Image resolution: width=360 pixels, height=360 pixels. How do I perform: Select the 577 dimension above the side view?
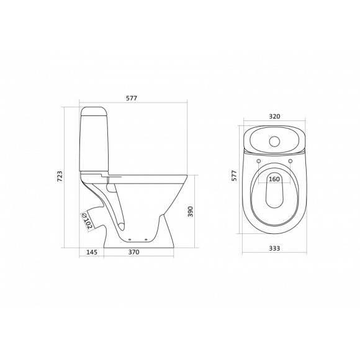tap(132, 97)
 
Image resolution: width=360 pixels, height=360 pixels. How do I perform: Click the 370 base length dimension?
tap(133, 252)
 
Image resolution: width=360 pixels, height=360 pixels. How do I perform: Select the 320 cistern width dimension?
tap(274, 115)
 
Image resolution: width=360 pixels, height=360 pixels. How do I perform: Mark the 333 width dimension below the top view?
tap(274, 248)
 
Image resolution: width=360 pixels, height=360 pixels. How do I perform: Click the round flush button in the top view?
tap(274, 140)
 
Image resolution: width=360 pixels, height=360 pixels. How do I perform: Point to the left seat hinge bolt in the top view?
tap(258, 163)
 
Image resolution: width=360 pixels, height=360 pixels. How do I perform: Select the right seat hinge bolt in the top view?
tap(290, 163)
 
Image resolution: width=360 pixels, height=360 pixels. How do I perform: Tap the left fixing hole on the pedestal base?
tap(128, 238)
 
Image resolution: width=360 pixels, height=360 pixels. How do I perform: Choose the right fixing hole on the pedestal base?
tap(146, 238)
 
